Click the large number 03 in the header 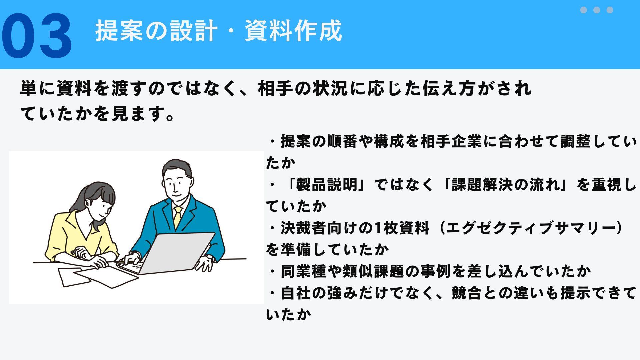(x=37, y=36)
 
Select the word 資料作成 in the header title (x=293, y=31)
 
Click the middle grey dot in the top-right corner (x=597, y=10)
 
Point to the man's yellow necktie (x=178, y=217)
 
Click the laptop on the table (x=173, y=253)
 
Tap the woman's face (x=100, y=207)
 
